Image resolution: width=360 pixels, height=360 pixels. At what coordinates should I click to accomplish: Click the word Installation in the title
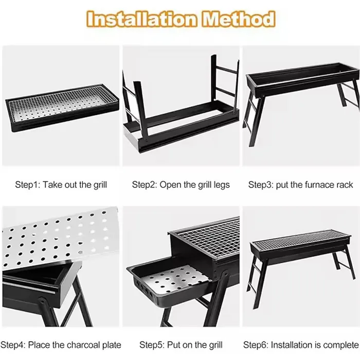(142, 19)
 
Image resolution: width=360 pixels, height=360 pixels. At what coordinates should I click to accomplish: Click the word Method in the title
(238, 19)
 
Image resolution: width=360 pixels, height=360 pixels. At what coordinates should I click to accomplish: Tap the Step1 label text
(27, 185)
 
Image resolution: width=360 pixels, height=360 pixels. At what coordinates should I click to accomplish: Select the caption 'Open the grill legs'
(194, 185)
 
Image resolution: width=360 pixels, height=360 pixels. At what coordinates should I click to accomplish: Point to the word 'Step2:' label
(143, 185)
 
